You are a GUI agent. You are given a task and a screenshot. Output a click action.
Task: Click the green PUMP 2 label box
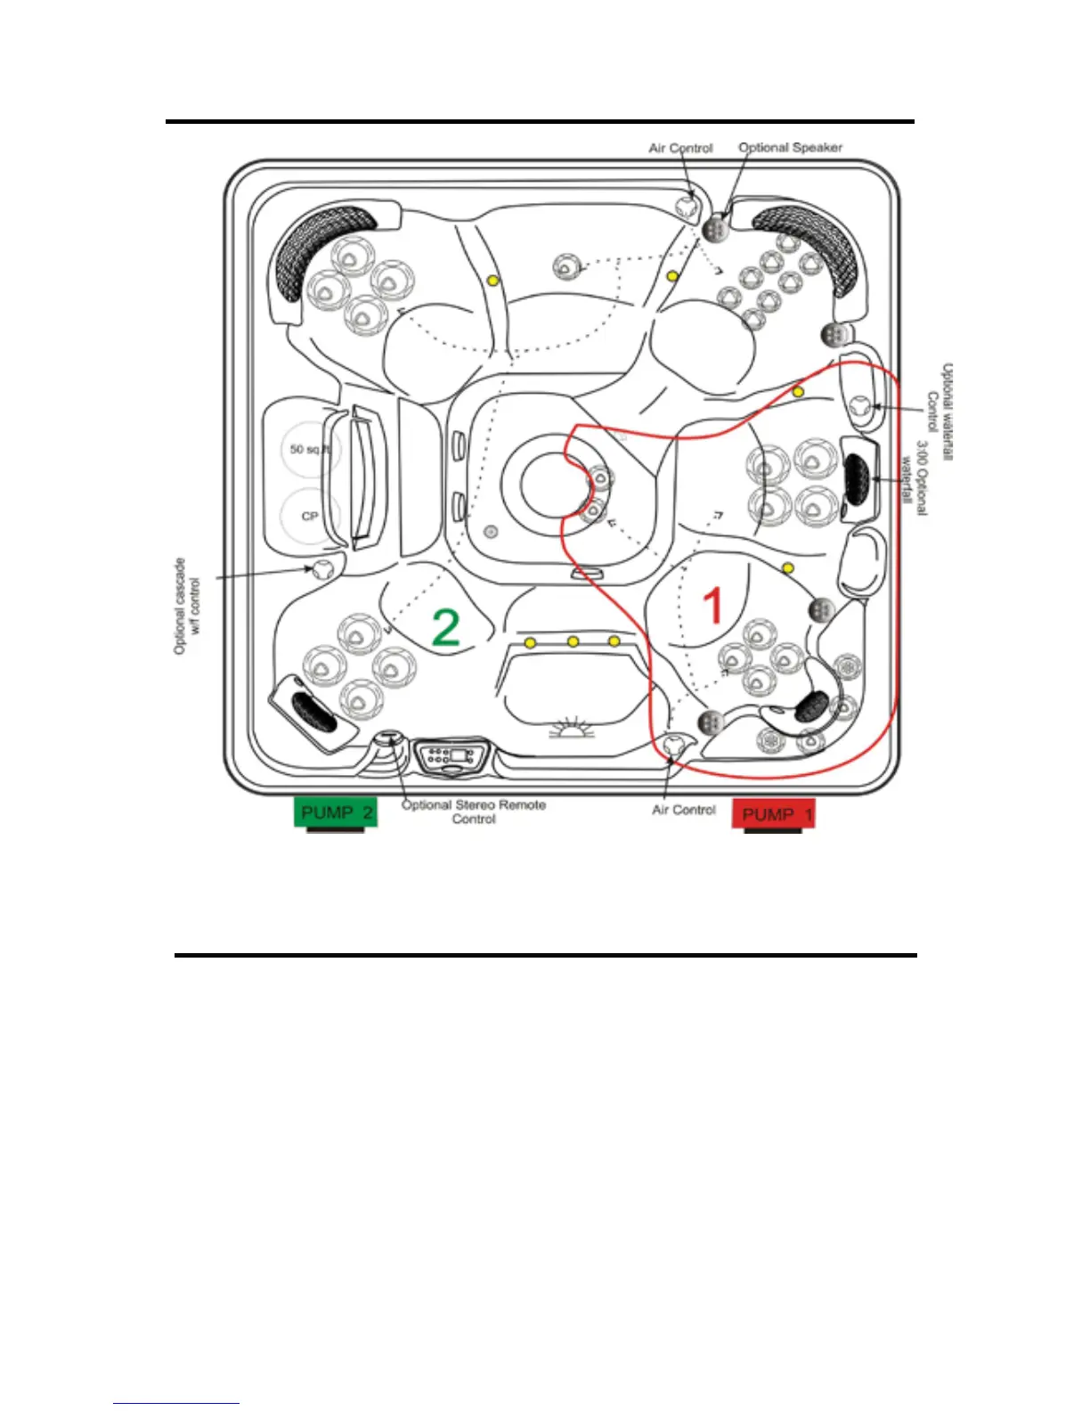[x=336, y=812]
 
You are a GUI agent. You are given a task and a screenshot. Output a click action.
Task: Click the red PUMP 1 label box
[x=774, y=814]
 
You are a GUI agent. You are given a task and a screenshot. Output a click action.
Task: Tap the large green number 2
[x=445, y=626]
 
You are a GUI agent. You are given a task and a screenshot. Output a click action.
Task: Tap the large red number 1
[x=713, y=606]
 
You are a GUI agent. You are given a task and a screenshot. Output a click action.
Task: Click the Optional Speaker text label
[x=790, y=148]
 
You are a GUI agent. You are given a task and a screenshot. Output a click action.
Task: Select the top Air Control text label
[x=680, y=148]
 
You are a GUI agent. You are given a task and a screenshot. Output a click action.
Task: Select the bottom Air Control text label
[x=683, y=810]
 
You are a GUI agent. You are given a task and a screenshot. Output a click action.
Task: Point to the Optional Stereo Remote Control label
[x=474, y=812]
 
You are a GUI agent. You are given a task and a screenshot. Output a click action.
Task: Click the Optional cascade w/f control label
[x=187, y=607]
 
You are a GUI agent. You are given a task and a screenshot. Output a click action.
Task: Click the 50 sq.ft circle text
[x=309, y=450]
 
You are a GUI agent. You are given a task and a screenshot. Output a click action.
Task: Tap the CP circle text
[x=309, y=516]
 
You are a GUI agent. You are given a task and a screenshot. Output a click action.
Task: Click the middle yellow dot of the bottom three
[x=573, y=641]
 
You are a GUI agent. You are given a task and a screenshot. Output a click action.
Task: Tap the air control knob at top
[x=686, y=207]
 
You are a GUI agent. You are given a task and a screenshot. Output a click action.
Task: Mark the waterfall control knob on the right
[x=860, y=406]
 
